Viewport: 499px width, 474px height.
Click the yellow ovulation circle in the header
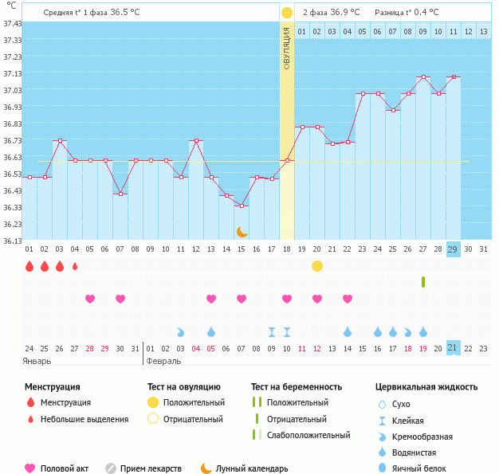(287, 13)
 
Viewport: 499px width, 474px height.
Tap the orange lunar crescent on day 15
(242, 231)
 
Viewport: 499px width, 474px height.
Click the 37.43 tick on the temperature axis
(12, 24)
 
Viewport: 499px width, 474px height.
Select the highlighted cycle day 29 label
(453, 249)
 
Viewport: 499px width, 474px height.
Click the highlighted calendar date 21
(453, 347)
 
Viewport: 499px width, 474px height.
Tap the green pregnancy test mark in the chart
(423, 281)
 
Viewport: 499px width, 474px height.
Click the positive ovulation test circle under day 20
(317, 265)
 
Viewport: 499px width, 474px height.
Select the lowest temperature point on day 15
(242, 206)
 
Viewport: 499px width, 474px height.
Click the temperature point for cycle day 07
(120, 194)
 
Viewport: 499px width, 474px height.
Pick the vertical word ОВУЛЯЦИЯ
(287, 48)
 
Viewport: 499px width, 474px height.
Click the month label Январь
(37, 361)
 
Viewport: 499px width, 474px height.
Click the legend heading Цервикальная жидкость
(426, 387)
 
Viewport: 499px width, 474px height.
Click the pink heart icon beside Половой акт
(30, 468)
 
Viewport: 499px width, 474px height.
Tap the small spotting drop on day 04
(75, 266)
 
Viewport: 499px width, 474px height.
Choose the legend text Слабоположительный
(308, 435)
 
